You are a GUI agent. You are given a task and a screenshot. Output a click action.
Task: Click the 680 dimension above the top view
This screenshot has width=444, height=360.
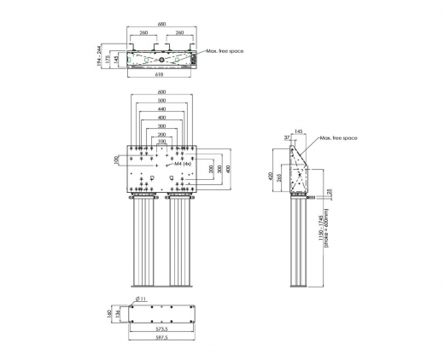coord(161,24)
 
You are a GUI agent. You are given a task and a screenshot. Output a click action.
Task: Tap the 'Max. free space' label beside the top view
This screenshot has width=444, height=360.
coord(224,51)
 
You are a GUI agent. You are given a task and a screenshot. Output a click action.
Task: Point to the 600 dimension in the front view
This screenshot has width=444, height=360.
coord(161,93)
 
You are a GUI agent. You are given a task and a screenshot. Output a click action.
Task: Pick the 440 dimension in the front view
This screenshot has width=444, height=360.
coord(161,109)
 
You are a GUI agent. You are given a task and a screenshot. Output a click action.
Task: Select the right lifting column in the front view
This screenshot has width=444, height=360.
coord(182,243)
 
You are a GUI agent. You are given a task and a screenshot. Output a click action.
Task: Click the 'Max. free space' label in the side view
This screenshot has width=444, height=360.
coord(339,137)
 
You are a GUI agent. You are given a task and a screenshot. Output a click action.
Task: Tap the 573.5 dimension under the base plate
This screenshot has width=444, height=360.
coord(161,328)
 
